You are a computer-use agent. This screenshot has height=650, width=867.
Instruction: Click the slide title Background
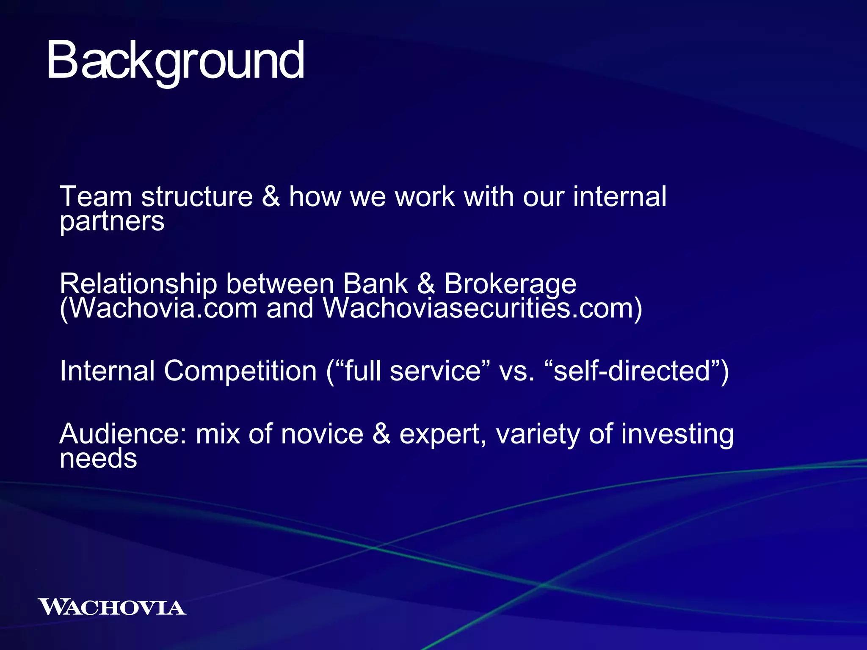pos(175,61)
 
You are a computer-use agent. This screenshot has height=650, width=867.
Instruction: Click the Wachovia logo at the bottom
pos(112,607)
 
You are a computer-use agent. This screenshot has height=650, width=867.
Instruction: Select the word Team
pos(96,197)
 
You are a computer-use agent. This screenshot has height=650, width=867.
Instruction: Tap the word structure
pos(197,197)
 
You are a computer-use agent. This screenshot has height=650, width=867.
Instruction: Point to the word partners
pos(112,222)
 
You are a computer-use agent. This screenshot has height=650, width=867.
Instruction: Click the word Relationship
pos(138,284)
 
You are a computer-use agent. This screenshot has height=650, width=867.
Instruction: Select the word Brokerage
pos(510,284)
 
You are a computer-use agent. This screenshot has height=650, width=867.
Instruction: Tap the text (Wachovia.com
pos(158,308)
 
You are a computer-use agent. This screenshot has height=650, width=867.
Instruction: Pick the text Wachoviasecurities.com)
pos(483,308)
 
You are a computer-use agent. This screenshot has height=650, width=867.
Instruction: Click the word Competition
pos(240,371)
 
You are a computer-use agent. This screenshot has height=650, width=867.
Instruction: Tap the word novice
pos(322,435)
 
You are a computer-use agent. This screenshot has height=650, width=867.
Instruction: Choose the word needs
pos(98,459)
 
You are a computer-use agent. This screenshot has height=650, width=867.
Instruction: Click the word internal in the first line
pos(619,197)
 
